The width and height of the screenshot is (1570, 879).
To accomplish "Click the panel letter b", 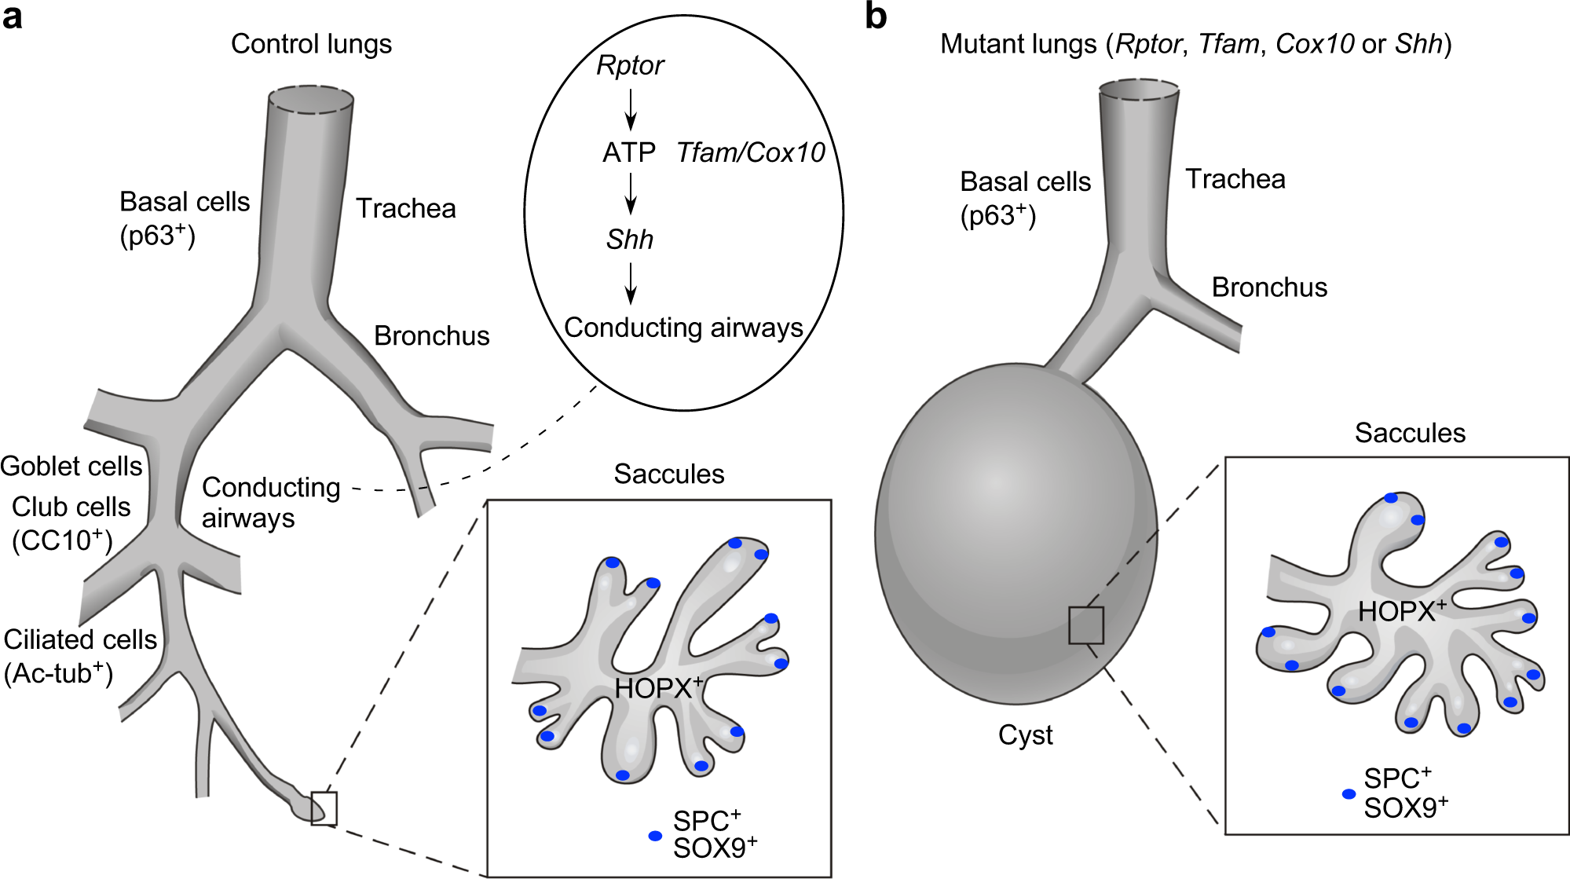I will [876, 16].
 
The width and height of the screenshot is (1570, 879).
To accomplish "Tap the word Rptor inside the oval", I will [630, 65].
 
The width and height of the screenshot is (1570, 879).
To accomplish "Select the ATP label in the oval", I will [628, 152].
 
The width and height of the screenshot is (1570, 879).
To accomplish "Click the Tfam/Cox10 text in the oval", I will [750, 152].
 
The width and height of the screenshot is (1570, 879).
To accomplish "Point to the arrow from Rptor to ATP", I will [630, 109].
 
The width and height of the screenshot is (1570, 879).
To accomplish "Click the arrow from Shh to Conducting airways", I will [630, 284].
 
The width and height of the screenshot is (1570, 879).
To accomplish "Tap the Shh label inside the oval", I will [629, 240].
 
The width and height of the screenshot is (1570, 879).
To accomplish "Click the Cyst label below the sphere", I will [1025, 735].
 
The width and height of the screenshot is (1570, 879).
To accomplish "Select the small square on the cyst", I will [1086, 625].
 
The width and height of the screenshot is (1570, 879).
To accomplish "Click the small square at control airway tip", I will [324, 808].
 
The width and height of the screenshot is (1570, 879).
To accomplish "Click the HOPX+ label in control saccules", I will [658, 688].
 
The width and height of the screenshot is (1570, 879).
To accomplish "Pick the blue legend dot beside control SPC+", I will [655, 836].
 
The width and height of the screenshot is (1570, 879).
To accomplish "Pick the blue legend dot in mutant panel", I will [1349, 794].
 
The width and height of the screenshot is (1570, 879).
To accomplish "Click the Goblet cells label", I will [71, 467].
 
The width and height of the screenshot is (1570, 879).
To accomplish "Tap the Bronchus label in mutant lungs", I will [1269, 288].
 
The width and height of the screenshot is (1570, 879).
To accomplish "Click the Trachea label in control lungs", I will [405, 208].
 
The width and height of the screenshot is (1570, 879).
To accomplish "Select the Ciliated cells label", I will [80, 640].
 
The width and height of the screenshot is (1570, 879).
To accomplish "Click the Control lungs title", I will [311, 44].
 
